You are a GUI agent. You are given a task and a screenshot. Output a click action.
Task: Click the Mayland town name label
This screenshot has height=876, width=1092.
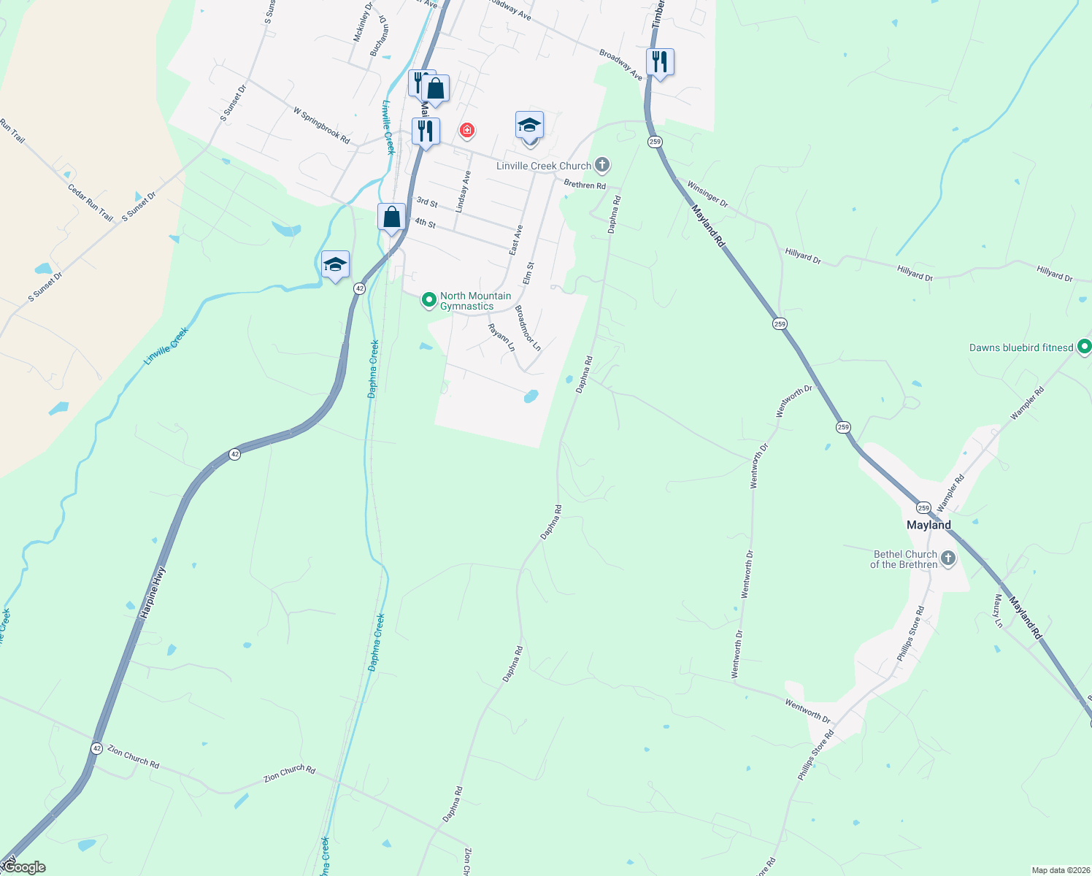[928, 525]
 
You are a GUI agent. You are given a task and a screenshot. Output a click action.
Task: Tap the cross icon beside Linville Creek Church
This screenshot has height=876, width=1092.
[602, 165]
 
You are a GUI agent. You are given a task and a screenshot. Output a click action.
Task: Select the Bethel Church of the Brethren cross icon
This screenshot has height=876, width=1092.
[948, 559]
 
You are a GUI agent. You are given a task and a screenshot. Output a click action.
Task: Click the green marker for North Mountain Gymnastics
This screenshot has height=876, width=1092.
[429, 300]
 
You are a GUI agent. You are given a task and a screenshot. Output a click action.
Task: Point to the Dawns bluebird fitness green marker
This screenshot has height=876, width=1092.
[1085, 347]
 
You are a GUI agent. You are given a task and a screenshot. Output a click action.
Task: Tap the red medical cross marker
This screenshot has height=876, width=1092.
[466, 131]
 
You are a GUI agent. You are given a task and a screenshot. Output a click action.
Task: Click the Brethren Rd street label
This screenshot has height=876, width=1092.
[585, 185]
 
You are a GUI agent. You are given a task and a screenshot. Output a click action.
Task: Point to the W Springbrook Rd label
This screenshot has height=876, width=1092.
[321, 125]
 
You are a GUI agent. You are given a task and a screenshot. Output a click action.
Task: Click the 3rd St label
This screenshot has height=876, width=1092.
[427, 202]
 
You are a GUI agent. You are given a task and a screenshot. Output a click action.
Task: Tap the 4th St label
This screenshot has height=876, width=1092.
[425, 223]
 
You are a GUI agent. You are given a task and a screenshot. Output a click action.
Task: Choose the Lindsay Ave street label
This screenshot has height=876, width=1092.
[463, 191]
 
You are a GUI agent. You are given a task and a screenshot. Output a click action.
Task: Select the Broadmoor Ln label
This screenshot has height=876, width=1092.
[528, 328]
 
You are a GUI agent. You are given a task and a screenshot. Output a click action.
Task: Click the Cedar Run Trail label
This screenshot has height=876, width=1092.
[91, 201]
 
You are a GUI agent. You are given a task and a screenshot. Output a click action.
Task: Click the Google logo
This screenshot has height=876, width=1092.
[23, 867]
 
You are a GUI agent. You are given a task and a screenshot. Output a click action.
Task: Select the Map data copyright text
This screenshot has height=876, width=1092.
[1059, 870]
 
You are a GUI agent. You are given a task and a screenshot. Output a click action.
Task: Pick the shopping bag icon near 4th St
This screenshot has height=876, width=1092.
[391, 218]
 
